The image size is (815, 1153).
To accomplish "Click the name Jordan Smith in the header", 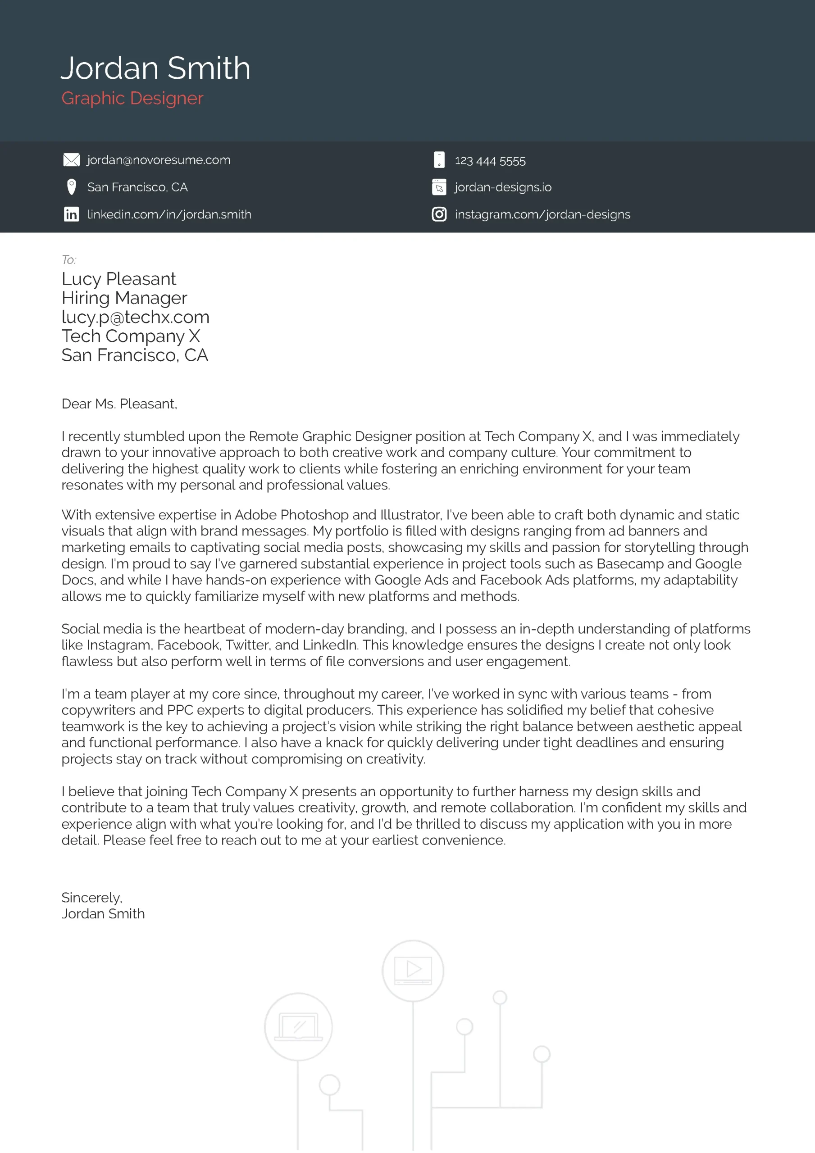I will point(155,68).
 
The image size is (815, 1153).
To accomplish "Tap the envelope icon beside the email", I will point(71,160).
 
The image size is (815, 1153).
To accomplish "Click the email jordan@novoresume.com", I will point(158,160).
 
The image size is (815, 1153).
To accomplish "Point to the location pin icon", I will point(71,187).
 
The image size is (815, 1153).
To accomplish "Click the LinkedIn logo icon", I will point(71,214).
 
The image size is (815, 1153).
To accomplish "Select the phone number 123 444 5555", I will point(490,161).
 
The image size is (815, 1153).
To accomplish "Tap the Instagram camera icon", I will point(439,214).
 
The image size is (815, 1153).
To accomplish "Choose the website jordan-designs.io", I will point(503,187).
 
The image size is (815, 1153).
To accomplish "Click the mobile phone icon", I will point(439,160).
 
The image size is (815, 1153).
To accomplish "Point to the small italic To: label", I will point(69,259).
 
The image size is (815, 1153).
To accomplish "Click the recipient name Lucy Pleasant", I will point(118,279).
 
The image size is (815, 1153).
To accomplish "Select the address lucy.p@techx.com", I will point(135,317).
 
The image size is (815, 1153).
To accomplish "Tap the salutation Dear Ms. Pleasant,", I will point(119,404).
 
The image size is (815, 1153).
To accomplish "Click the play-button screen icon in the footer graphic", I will point(413,970).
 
